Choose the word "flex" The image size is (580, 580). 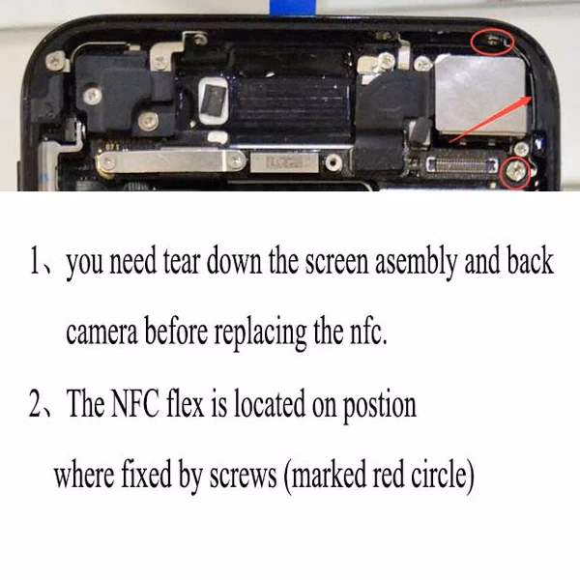pos(188,403)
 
